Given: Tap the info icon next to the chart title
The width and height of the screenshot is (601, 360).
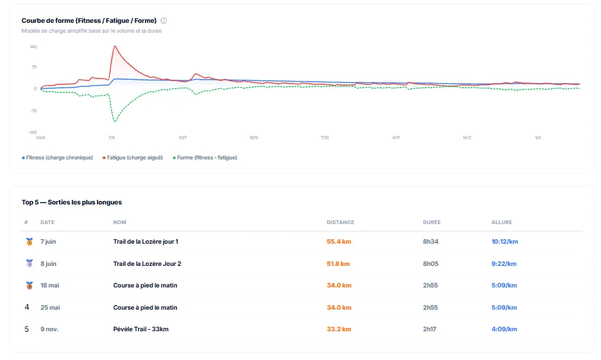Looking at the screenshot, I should (x=164, y=20).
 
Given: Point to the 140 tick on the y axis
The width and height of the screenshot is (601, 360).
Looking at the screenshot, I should (x=33, y=47).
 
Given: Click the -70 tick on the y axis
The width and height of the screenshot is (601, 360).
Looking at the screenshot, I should (x=33, y=110).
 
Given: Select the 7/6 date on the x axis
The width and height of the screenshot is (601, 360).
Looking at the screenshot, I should (x=112, y=138).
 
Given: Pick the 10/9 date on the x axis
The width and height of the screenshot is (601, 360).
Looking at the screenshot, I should (x=253, y=138).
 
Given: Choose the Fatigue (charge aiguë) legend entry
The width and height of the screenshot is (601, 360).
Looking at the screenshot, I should (x=135, y=157).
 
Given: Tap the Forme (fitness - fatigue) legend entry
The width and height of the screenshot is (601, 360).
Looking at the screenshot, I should (x=206, y=157).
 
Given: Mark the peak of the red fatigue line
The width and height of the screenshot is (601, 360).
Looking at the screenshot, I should (x=115, y=46).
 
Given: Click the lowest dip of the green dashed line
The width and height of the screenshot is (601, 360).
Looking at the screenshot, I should (x=115, y=122).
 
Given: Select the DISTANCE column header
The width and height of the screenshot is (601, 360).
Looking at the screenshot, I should (x=340, y=223).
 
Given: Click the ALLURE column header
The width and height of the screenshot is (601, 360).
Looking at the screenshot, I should (x=502, y=223).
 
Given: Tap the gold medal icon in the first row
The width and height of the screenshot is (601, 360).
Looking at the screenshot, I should (x=29, y=242).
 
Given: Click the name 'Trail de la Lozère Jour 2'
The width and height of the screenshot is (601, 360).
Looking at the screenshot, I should (x=147, y=264).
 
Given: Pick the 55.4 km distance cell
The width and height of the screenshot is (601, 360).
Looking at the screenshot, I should (x=338, y=242).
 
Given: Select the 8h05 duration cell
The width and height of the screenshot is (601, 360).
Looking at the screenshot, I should (x=432, y=264).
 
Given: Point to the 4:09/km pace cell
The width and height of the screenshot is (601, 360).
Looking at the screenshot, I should (x=504, y=329).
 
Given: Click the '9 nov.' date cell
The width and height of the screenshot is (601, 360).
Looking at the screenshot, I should (x=49, y=329).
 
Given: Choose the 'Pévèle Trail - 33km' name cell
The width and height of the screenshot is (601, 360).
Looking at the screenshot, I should (x=140, y=329).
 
